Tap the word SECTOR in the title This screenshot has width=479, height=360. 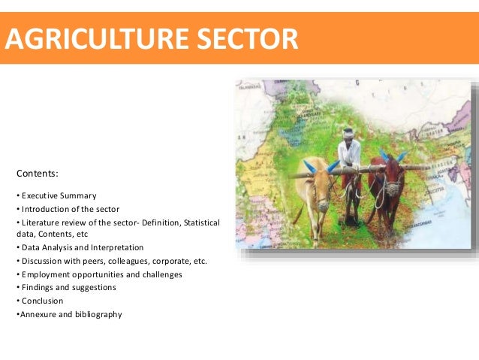click(248, 38)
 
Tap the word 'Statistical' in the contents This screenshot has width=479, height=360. click(198, 223)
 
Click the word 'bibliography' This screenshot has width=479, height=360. click(95, 314)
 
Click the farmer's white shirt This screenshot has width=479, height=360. click(349, 154)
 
